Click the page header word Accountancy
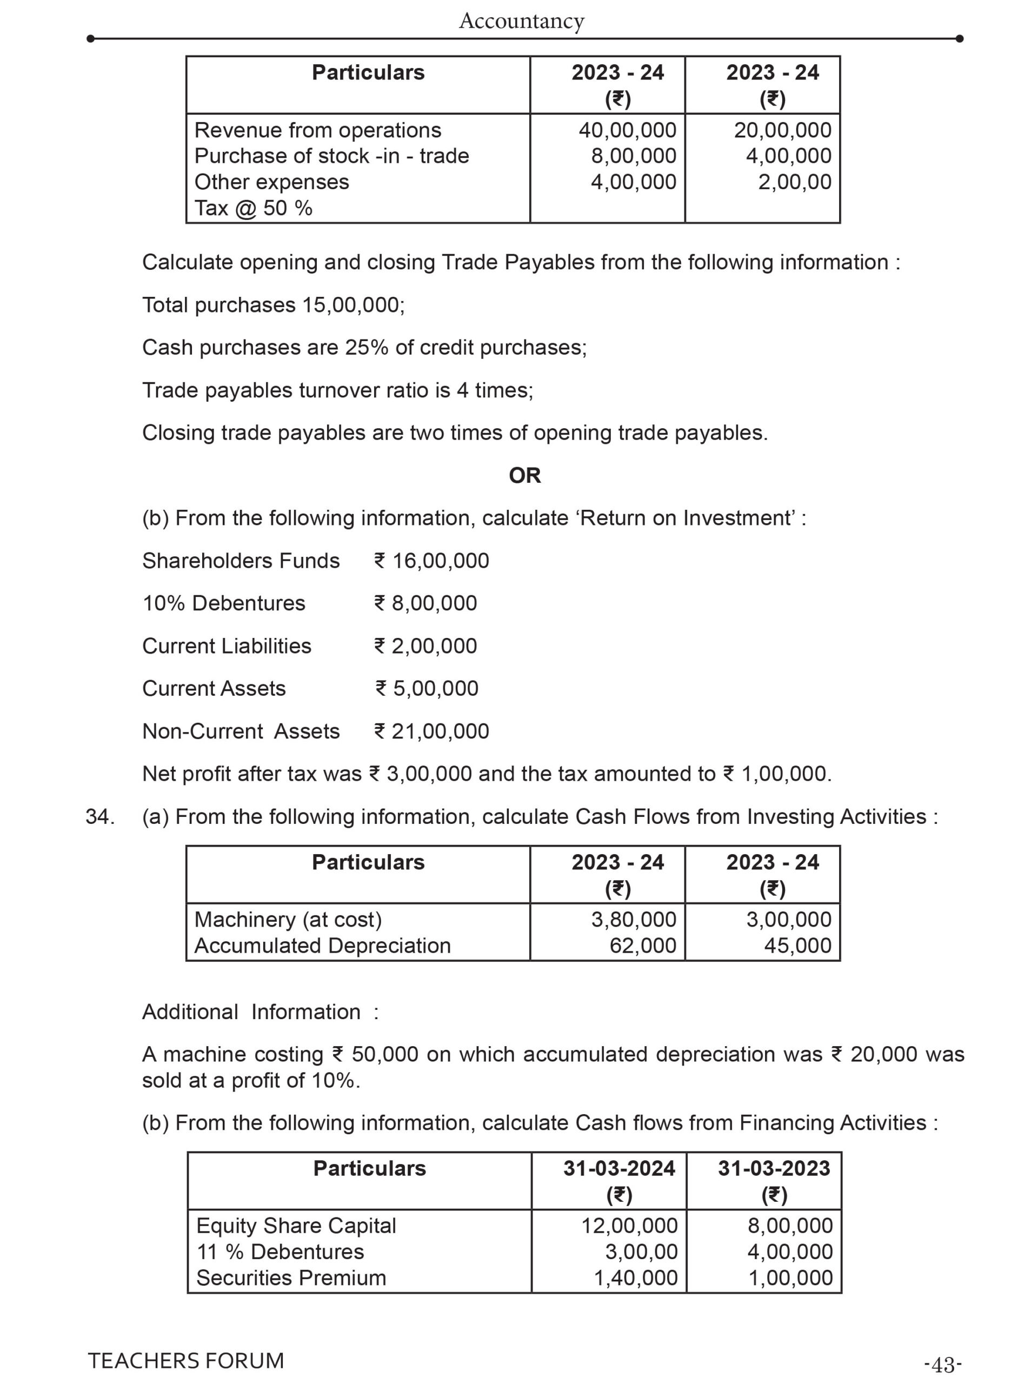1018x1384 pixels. click(521, 21)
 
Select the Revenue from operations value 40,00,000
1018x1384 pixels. click(627, 130)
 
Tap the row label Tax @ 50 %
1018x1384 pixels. click(253, 208)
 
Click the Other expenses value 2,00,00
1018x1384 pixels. click(794, 182)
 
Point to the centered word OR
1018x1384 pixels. click(524, 475)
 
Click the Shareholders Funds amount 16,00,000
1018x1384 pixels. click(440, 561)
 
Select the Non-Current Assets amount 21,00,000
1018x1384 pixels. click(440, 731)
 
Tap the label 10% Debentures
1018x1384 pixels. click(224, 603)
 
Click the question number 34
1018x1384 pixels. click(100, 816)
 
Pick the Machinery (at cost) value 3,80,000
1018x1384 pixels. click(634, 920)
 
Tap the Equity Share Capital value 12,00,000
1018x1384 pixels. click(629, 1226)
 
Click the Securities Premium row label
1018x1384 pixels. click(291, 1277)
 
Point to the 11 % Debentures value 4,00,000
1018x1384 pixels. click(790, 1252)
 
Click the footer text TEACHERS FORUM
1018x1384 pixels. click(186, 1361)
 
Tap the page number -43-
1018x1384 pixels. click(943, 1365)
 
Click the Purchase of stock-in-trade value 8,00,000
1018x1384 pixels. click(634, 156)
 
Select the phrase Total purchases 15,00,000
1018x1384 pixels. click(273, 305)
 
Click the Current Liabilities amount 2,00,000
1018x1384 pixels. click(434, 646)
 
